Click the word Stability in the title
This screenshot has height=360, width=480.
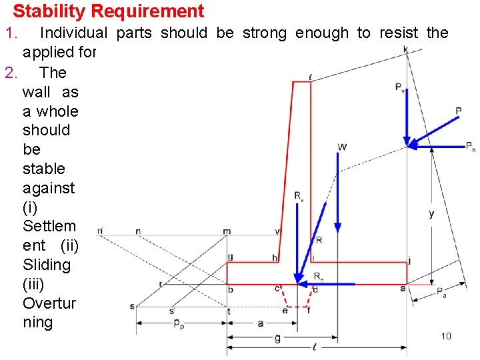tap(45, 11)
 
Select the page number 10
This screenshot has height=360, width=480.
tap(446, 336)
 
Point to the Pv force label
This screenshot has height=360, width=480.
tap(399, 87)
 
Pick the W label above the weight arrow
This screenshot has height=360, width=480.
tap(342, 147)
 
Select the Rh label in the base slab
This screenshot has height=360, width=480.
tap(319, 275)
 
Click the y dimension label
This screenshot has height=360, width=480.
tap(431, 213)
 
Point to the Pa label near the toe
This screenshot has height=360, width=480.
tap(441, 291)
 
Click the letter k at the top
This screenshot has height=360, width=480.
tap(406, 49)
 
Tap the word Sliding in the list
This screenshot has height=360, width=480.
tap(47, 265)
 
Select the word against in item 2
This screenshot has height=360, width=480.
tap(49, 188)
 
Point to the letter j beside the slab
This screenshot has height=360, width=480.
tap(409, 261)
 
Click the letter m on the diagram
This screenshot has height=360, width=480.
tap(227, 231)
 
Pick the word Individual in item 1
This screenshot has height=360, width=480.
tap(73, 33)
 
